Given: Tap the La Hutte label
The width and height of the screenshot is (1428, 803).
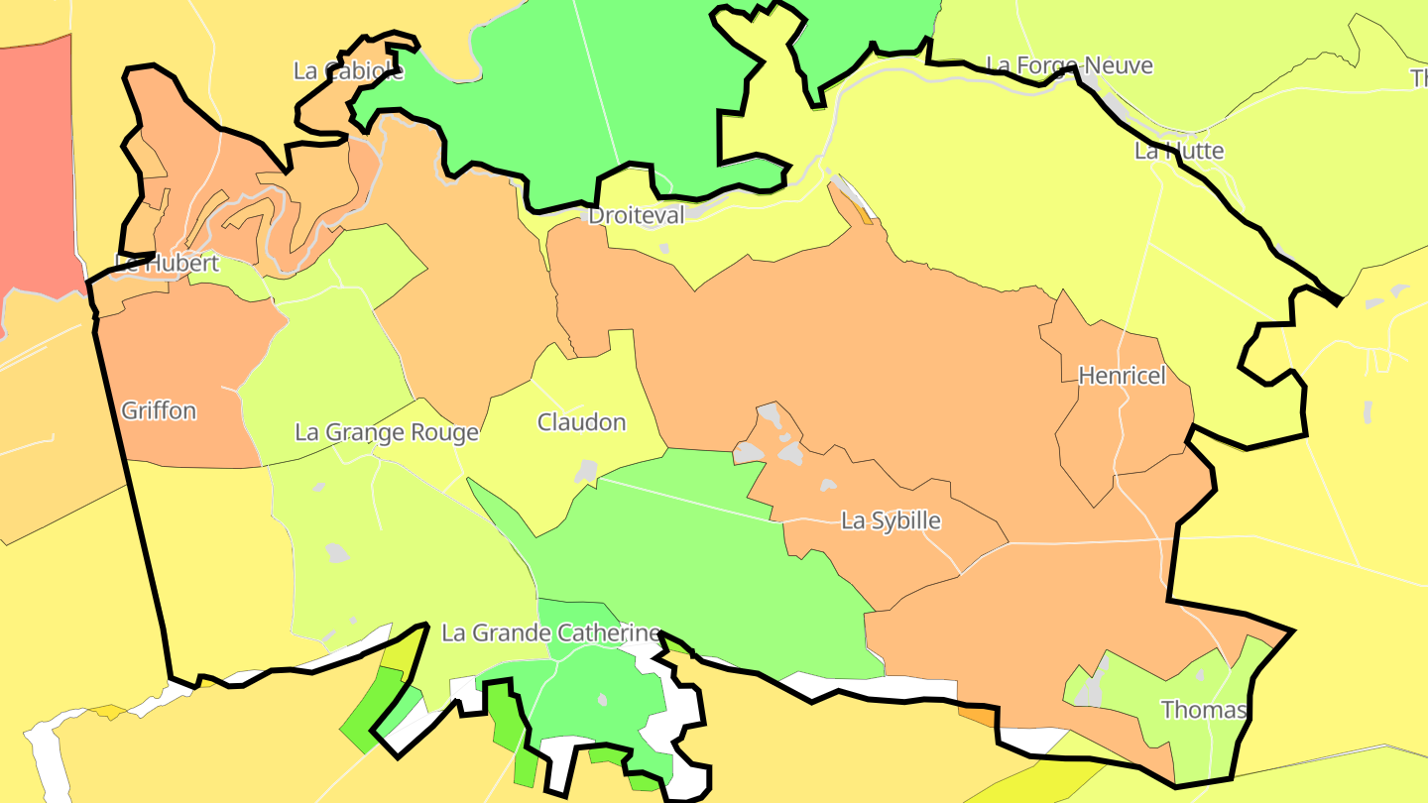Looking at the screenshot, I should click(1179, 151).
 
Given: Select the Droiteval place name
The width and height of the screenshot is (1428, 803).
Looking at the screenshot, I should click(636, 215).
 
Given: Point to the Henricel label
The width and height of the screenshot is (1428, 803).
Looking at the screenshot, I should click(1122, 376).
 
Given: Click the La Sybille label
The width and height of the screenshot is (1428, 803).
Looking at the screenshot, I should click(891, 520).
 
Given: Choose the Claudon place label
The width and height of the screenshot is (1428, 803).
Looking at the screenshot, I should click(581, 422).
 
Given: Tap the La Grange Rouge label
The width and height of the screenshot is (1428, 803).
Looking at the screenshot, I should click(387, 432).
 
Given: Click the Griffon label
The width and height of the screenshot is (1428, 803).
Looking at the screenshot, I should click(159, 410).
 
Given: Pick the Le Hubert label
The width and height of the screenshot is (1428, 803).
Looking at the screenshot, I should click(167, 264).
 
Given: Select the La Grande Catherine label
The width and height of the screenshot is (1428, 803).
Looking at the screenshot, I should click(550, 632).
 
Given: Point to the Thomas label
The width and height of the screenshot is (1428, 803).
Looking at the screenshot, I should click(1204, 710).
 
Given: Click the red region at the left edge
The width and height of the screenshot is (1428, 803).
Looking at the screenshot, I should click(36, 169).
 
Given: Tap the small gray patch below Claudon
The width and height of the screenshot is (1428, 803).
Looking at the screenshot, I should click(586, 471).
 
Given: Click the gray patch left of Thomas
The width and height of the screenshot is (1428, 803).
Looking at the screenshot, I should click(1091, 690).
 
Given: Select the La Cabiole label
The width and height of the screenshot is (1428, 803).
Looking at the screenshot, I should click(348, 70).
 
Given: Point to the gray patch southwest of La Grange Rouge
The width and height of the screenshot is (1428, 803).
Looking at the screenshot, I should click(337, 552).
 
